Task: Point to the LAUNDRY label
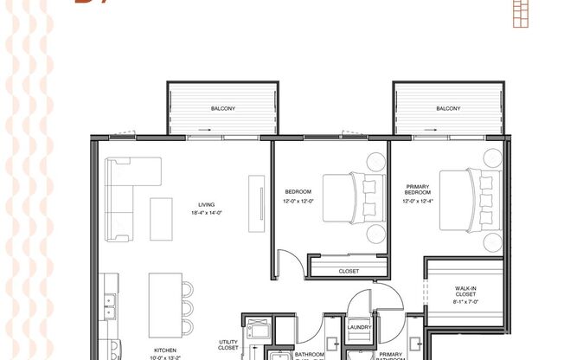point(359,327)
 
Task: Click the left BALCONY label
point(222,109)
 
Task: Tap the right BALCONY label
point(447,109)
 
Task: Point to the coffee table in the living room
point(161,219)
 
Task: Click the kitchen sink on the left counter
point(111,302)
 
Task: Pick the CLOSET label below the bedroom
point(349,271)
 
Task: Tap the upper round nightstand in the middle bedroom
point(375,161)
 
